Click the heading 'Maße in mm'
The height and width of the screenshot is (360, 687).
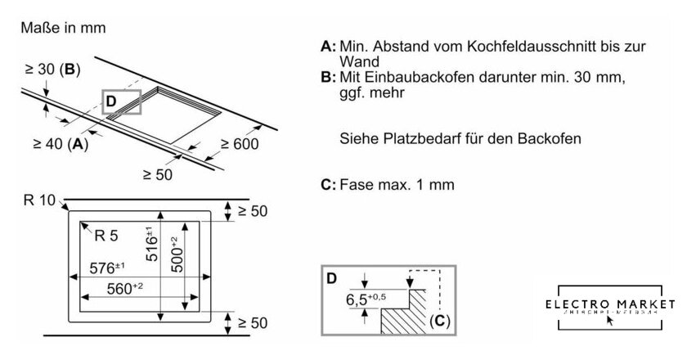tap(63, 28)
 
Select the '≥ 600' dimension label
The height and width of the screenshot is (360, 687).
tap(239, 145)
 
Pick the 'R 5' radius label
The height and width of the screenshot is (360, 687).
tap(107, 237)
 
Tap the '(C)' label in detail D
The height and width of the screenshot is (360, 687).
tap(438, 322)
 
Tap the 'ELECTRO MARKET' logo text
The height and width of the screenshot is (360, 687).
tap(612, 303)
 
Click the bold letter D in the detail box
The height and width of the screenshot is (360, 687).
tap(332, 278)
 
